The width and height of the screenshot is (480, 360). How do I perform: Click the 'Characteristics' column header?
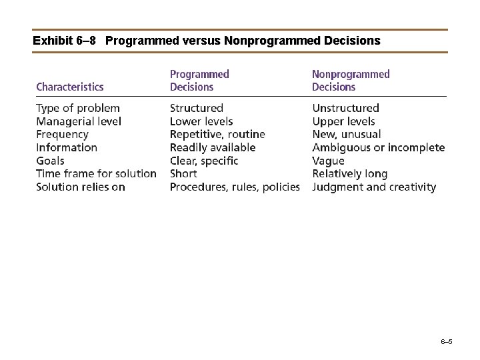pos(70,87)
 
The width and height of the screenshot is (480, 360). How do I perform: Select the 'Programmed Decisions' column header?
pos(199,80)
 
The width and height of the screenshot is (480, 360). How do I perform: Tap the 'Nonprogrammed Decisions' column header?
pos(351,80)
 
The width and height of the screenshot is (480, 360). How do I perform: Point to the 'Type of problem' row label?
pos(78,108)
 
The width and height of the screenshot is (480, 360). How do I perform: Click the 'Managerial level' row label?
pos(79,121)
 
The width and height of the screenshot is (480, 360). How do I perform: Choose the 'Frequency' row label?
pos(62,135)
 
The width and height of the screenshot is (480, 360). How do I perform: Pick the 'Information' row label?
pos(67,147)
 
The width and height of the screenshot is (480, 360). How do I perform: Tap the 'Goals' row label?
pos(50,161)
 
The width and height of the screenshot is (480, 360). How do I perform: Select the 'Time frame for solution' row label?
pos(96,174)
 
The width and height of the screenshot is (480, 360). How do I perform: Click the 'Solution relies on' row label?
pos(81,187)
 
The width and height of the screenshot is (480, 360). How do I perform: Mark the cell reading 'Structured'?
pos(197,108)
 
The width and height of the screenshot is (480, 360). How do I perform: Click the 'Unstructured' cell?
pos(345,108)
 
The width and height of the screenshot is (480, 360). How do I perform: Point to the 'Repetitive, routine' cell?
pos(217,135)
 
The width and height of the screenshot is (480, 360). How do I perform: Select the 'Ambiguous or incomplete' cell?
pos(378,147)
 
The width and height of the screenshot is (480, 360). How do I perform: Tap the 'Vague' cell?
pos(328,161)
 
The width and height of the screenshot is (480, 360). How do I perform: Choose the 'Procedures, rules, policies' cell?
pos(235,187)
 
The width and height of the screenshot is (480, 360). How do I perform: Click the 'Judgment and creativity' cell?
pos(374,187)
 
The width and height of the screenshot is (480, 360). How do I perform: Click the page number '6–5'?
pos(447,342)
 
